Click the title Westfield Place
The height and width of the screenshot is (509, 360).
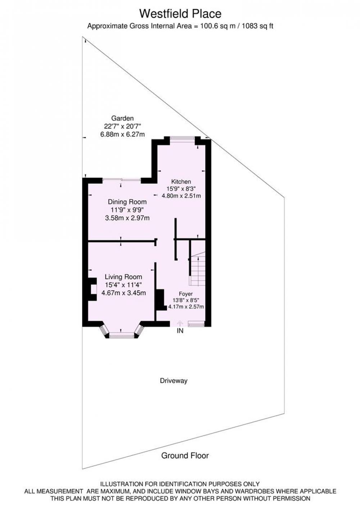coord(180,14)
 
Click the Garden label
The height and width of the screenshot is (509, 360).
coord(122,118)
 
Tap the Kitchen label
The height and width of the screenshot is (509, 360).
coord(181,182)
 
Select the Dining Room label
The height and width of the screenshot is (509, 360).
coord(127,202)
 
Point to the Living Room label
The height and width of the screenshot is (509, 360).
coord(123,277)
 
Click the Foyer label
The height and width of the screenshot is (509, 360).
coord(186,294)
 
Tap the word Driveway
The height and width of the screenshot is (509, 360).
coord(174,381)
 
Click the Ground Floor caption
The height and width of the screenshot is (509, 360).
coord(185,455)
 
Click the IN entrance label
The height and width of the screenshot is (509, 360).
coord(180,331)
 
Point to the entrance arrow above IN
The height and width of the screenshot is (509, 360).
coord(180,323)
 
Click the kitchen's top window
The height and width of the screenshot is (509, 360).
coord(182,138)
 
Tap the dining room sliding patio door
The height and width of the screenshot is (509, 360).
coord(122,180)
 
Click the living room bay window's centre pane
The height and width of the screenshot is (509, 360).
coord(122,335)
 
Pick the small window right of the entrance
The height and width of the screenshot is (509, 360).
coord(196,324)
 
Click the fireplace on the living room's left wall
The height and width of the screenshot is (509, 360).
coord(92,289)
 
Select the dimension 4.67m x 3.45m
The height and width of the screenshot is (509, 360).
coord(123,293)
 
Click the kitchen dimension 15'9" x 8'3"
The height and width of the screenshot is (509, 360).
coord(181,188)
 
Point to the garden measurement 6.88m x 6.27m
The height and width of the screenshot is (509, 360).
coord(122,134)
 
